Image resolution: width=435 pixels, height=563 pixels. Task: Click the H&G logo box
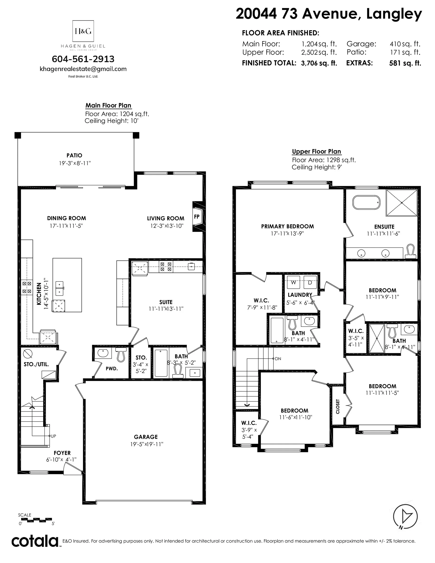(83, 31)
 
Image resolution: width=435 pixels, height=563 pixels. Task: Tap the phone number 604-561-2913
(83, 59)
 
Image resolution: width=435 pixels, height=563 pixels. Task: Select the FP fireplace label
(197, 217)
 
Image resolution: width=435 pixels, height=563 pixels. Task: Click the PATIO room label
(74, 155)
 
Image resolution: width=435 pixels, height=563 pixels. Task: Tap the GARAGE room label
(146, 437)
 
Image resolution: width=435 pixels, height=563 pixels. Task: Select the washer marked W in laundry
(294, 282)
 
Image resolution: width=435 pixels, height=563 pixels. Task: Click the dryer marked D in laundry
(310, 282)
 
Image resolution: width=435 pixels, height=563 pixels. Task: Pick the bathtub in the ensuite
(366, 202)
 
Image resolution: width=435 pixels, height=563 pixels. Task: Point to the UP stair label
(53, 436)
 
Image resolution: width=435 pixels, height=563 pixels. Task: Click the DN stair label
(278, 358)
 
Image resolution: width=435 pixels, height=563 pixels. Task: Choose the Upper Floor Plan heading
(316, 152)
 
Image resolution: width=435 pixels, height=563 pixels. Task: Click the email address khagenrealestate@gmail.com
(83, 69)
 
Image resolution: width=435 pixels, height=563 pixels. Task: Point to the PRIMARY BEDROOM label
(287, 226)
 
